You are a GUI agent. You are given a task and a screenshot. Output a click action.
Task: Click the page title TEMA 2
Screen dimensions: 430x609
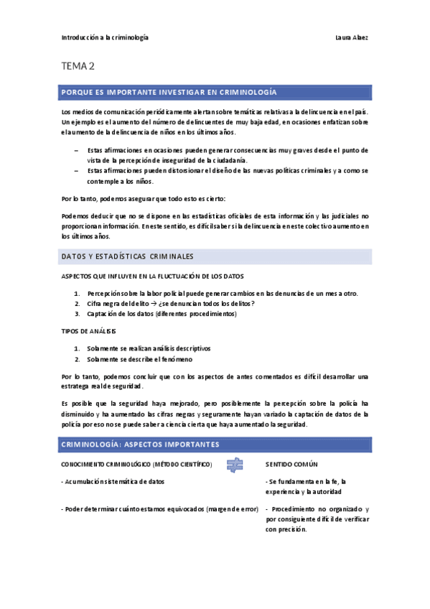[78, 67]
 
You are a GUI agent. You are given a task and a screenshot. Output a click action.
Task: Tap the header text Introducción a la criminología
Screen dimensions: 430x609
[105, 37]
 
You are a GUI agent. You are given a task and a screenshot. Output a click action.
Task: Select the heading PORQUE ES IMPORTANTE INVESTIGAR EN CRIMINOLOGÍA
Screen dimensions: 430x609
[170, 93]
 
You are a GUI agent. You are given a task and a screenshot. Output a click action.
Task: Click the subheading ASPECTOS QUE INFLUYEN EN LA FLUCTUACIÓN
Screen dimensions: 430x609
[153, 276]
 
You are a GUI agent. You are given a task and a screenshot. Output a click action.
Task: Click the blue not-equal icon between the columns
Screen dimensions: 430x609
[234, 464]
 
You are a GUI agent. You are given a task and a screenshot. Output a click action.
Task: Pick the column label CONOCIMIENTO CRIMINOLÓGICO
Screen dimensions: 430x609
[136, 465]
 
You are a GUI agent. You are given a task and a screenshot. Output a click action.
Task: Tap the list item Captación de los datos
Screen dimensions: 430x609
[162, 314]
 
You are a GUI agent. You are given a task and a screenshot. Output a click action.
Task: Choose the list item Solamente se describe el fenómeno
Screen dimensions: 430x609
[139, 359]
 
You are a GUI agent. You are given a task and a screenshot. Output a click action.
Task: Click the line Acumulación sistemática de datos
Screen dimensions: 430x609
[117, 481]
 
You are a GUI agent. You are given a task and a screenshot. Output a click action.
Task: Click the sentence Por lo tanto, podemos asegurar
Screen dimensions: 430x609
[144, 198]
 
